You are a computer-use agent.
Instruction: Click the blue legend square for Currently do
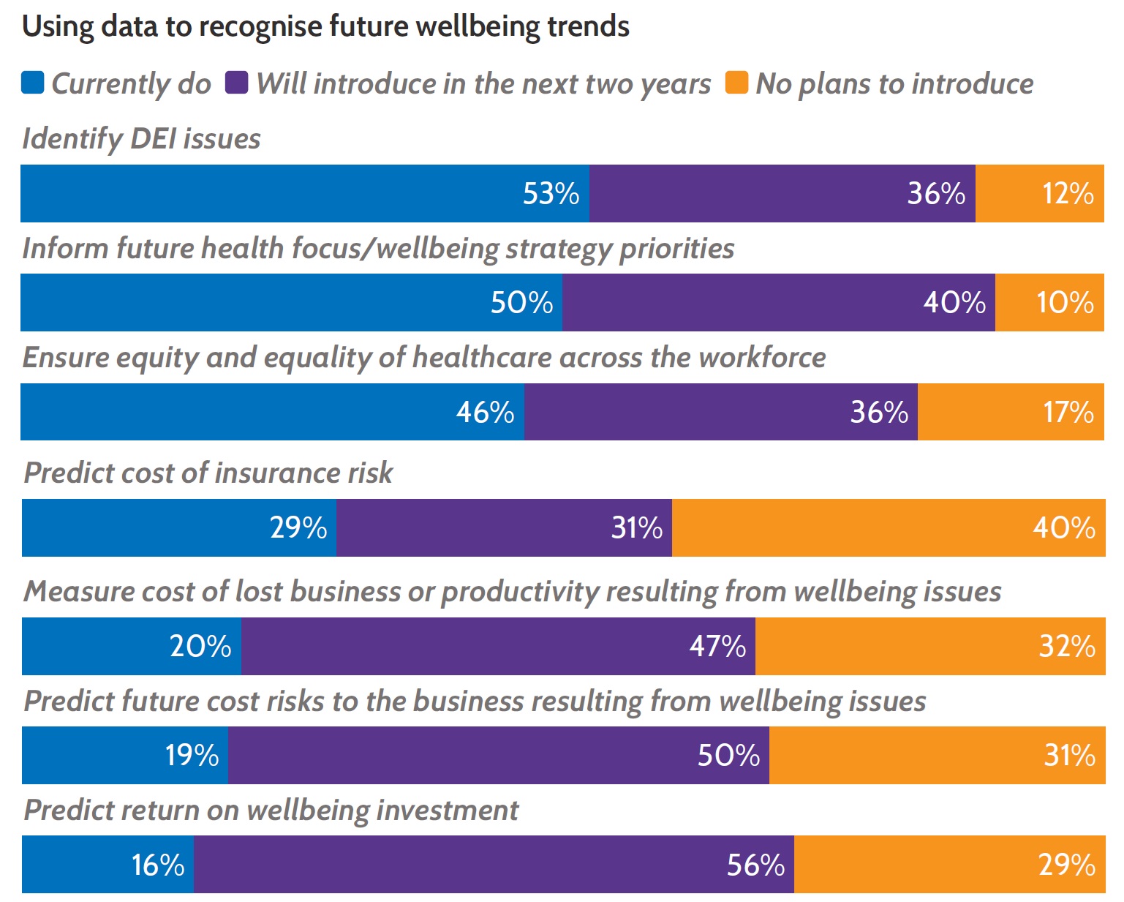point(33,83)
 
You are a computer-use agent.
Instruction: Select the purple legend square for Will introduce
point(237,83)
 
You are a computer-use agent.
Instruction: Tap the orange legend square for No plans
point(736,83)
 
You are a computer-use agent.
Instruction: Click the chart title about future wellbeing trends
point(325,27)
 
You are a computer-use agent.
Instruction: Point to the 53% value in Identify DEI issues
point(551,194)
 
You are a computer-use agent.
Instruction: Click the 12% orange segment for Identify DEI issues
point(1039,194)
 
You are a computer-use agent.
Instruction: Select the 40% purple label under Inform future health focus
point(954,303)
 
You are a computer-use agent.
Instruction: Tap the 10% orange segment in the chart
point(1049,303)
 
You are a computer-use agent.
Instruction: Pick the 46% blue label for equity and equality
point(485,413)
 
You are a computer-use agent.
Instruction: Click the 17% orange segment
point(1011,413)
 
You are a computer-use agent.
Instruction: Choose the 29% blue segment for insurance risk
point(179,528)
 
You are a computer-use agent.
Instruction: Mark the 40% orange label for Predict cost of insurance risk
point(1063,528)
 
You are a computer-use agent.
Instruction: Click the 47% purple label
point(717,647)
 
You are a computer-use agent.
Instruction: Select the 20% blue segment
point(132,647)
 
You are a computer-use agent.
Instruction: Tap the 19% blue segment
point(125,756)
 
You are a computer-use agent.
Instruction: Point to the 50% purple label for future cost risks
point(728,756)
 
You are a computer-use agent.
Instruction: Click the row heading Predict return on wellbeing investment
point(271,811)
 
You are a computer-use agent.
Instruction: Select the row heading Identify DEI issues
point(141,139)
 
